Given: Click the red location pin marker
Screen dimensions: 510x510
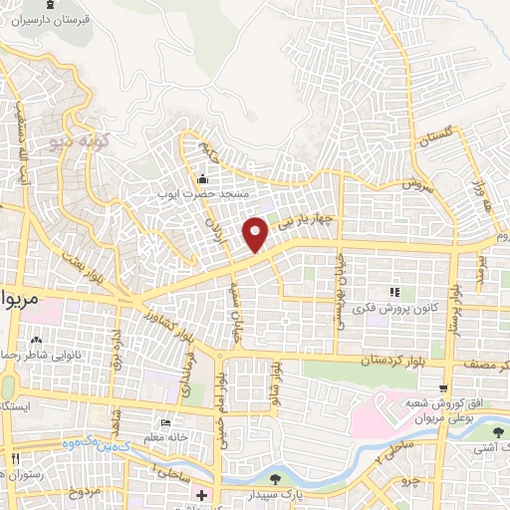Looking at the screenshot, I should click(257, 234).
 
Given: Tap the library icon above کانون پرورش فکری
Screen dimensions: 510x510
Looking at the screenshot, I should click(393, 292).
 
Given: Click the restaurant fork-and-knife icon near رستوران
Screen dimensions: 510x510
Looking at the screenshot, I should click(15, 457).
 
